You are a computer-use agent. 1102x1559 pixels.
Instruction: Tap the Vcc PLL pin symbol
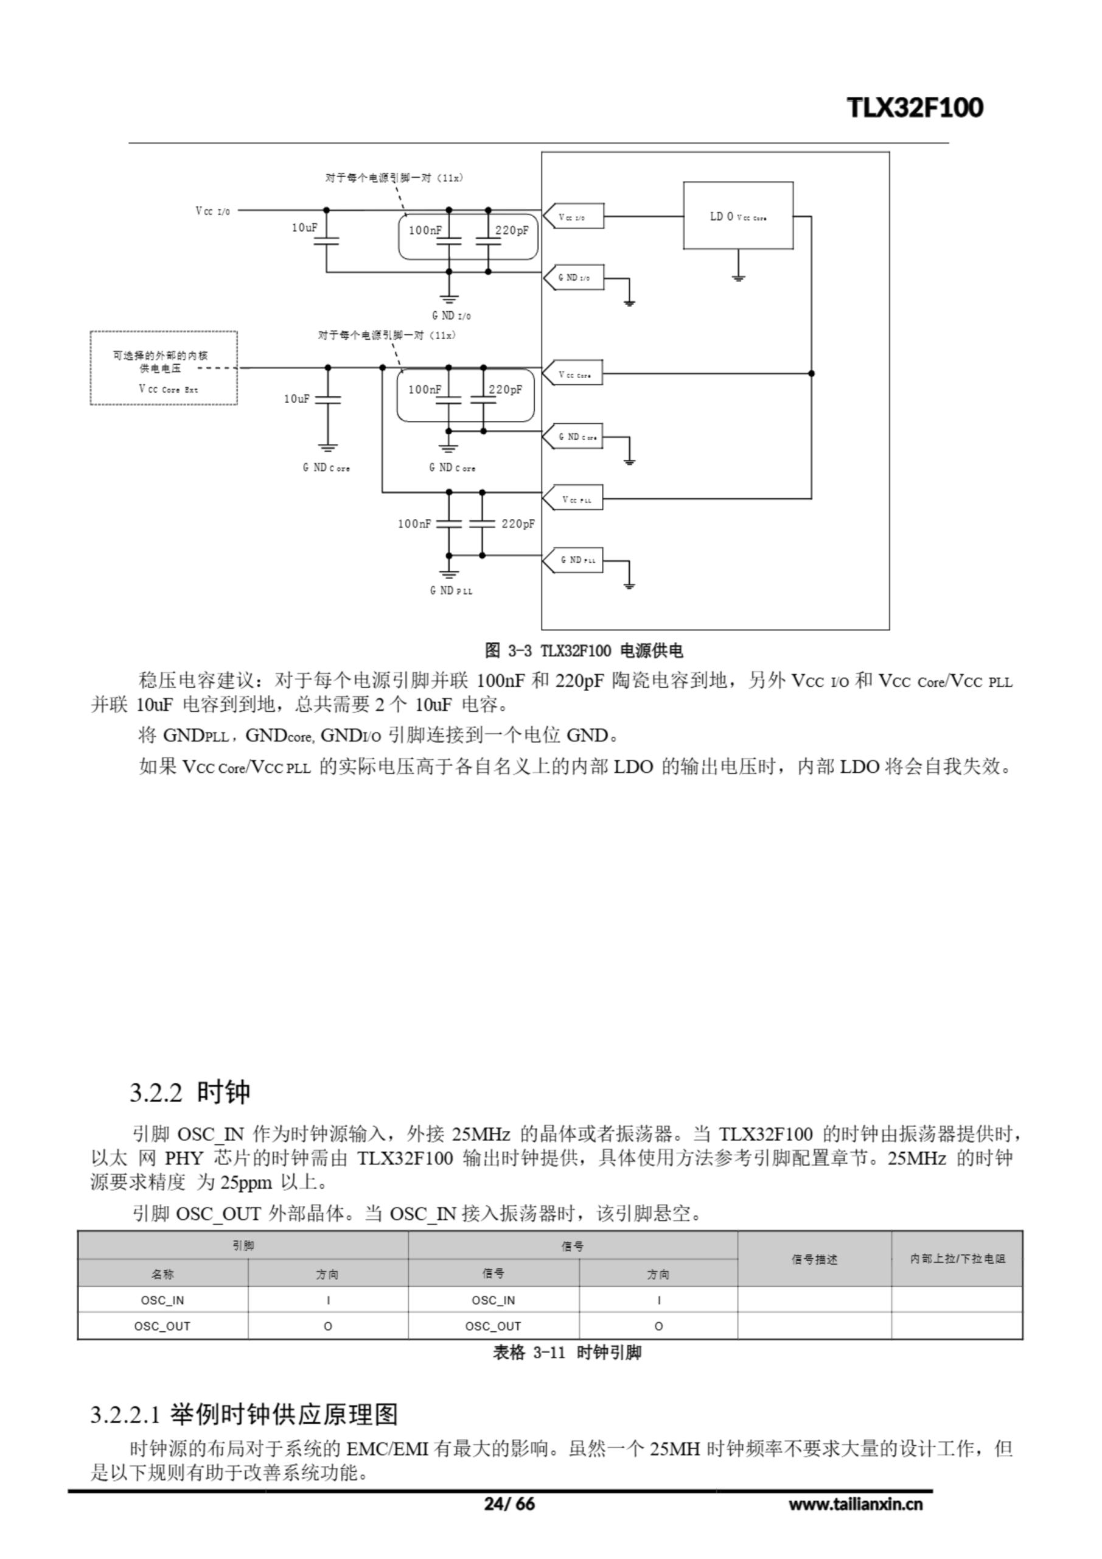pyautogui.click(x=574, y=500)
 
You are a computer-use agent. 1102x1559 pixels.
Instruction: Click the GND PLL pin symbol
pyautogui.click(x=574, y=560)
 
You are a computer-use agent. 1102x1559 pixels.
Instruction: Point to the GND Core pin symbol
pyautogui.click(x=574, y=437)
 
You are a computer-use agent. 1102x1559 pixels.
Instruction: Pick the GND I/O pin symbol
pyautogui.click(x=574, y=278)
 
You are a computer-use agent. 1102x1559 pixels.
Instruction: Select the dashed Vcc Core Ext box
pyautogui.click(x=164, y=368)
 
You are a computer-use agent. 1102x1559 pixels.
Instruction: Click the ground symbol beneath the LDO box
pyautogui.click(x=738, y=276)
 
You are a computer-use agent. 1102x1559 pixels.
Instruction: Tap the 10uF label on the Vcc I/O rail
pyautogui.click(x=304, y=228)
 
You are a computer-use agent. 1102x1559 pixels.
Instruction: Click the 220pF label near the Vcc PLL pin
pyautogui.click(x=518, y=524)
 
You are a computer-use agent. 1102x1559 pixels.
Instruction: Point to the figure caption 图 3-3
pyautogui.click(x=584, y=651)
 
